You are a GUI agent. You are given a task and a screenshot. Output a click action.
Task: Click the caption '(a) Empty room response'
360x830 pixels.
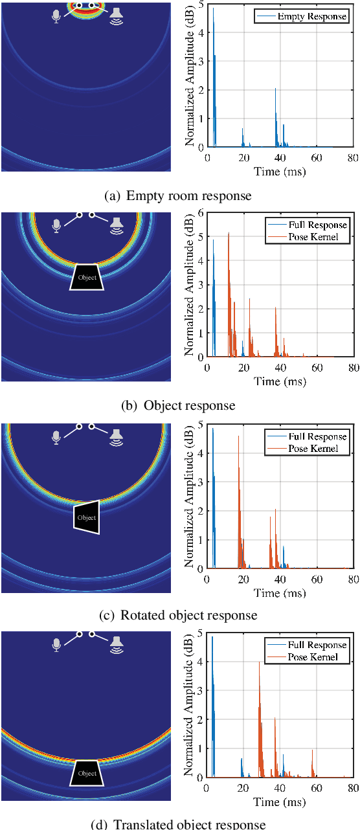coord(178,196)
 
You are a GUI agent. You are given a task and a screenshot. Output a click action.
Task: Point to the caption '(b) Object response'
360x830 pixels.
coord(178,406)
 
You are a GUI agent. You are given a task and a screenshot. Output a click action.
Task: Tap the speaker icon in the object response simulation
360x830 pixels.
coord(117,225)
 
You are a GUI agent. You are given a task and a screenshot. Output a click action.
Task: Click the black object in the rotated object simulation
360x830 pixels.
coord(87,517)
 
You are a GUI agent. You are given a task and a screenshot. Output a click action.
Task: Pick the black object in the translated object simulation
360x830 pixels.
coord(87,772)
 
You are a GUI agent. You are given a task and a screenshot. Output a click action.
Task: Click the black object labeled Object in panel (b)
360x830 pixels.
coord(87,277)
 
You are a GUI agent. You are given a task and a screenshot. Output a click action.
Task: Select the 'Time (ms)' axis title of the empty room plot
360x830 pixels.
coord(280,172)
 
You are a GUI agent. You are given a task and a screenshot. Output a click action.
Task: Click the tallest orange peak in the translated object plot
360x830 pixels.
coord(259,662)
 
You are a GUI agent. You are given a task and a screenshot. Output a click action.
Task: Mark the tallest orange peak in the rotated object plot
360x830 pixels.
coord(238,436)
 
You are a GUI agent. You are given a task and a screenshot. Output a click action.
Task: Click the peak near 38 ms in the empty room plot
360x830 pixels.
coord(275,89)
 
